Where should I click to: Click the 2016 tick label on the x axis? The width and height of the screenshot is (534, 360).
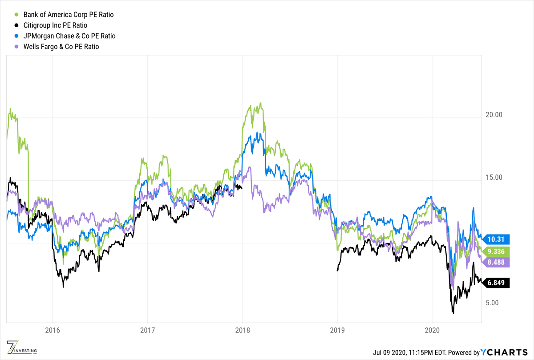(52, 331)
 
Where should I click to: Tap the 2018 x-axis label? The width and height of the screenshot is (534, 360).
(243, 331)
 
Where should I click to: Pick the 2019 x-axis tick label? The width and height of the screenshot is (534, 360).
(337, 331)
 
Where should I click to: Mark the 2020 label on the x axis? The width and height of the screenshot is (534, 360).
(432, 331)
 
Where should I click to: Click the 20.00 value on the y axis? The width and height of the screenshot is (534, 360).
(493, 114)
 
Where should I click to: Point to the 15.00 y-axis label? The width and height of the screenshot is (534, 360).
(493, 177)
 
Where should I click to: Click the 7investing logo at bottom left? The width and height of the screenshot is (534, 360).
(21, 348)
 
